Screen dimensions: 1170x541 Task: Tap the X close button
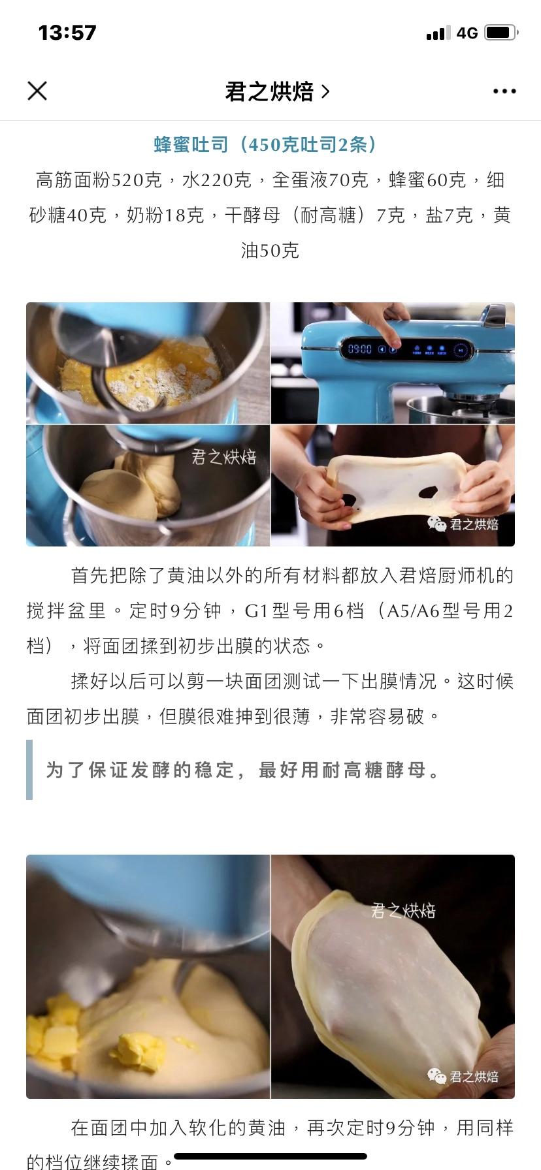pyautogui.click(x=37, y=91)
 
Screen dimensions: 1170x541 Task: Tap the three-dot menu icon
pyautogui.click(x=504, y=91)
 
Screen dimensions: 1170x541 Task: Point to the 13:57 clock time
pyautogui.click(x=67, y=33)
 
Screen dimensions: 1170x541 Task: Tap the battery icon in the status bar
pyautogui.click(x=501, y=33)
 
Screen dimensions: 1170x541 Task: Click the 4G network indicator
pyautogui.click(x=467, y=33)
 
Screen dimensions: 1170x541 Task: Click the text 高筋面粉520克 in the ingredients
pyautogui.click(x=99, y=180)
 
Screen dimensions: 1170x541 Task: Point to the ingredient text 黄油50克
pyautogui.click(x=270, y=250)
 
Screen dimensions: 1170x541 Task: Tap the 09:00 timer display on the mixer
pyautogui.click(x=359, y=349)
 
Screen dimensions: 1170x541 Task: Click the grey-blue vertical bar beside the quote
pyautogui.click(x=29, y=769)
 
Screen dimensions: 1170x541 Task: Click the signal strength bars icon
pyautogui.click(x=438, y=33)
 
